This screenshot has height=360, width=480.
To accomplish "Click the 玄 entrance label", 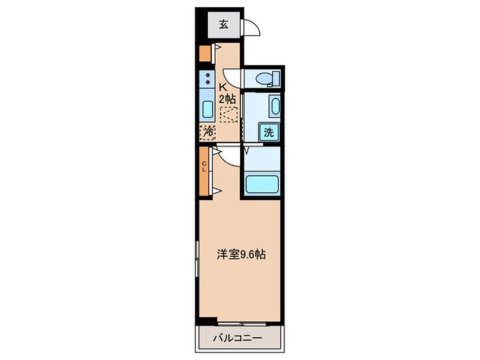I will point(224,24).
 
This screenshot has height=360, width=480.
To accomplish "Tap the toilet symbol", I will point(265,78).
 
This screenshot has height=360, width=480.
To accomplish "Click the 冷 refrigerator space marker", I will point(208,131).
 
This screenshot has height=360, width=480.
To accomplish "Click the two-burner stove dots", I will point(208,79).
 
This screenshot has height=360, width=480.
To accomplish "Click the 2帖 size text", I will point(228,98).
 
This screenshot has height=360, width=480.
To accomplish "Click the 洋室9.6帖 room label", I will point(240,255).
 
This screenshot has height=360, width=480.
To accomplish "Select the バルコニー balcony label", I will point(237,338).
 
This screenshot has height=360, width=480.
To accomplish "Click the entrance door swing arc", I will point(250,27).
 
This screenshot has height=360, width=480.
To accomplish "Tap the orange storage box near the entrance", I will point(204,53).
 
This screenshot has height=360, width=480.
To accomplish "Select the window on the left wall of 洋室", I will point(197,256).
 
